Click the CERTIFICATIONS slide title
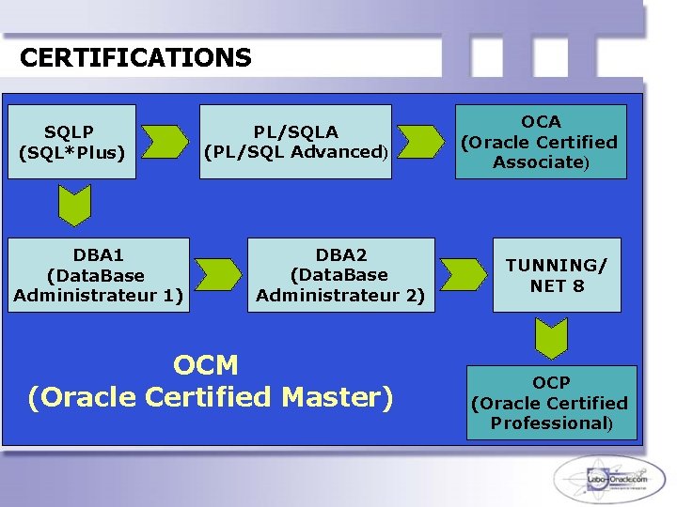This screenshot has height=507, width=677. coord(135,58)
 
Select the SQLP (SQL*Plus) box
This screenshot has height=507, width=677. coord(71,142)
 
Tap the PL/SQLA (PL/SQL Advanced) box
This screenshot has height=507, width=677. coord(296,142)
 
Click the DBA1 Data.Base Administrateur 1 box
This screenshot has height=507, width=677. coord(98,275)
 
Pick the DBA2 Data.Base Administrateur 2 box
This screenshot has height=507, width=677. coord(340,275)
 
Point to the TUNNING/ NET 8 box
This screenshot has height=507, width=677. coord(557,275)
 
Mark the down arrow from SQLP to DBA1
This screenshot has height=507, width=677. coord(73,205)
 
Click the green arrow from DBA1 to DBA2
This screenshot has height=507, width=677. coord(218,273)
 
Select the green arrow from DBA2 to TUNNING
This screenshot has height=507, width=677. coord(464,273)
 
